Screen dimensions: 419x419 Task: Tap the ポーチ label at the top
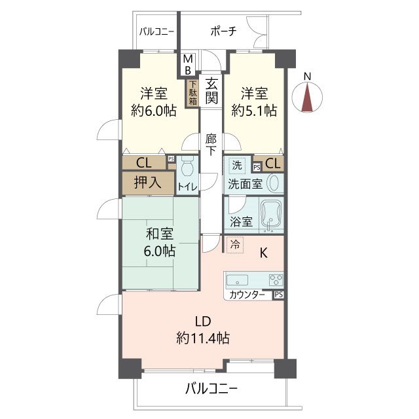223,31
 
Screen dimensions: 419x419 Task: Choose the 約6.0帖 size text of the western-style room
153,111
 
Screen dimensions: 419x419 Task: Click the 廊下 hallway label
211,145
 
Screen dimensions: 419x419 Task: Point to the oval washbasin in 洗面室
274,183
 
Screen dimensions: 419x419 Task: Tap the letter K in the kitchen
265,251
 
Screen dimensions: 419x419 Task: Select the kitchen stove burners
276,280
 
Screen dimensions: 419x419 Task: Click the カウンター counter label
247,295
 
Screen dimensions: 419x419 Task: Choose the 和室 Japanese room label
160,232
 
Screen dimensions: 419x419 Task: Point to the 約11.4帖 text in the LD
202,338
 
